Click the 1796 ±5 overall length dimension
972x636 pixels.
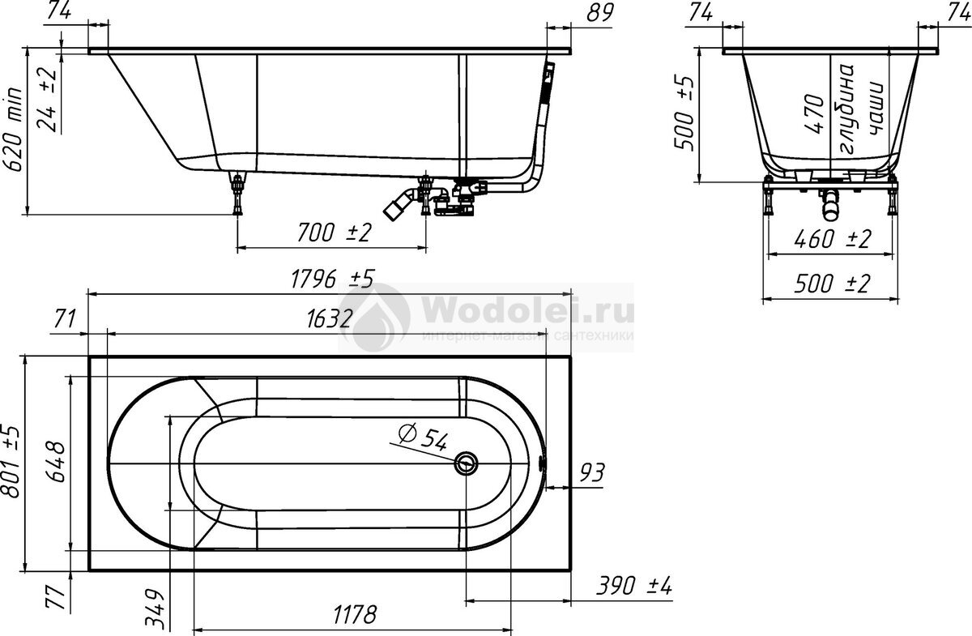(332, 279)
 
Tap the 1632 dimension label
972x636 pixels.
(330, 319)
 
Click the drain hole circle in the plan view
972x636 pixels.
(466, 463)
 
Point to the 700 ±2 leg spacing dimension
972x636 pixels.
(334, 233)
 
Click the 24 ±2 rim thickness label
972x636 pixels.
(47, 100)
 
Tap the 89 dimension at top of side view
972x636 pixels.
(600, 13)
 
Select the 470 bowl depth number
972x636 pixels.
(815, 113)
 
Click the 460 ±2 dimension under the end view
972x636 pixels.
(833, 239)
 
